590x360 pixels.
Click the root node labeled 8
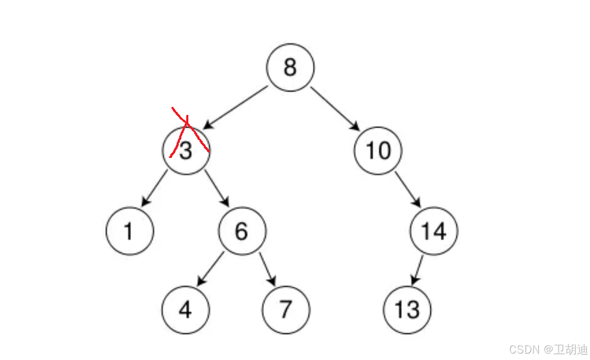pyautogui.click(x=290, y=68)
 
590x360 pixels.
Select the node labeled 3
pyautogui.click(x=186, y=150)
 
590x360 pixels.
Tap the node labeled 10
pyautogui.click(x=378, y=150)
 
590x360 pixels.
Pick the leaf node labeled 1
pyautogui.click(x=129, y=231)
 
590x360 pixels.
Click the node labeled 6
pyautogui.click(x=242, y=231)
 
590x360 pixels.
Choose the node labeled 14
pyautogui.click(x=434, y=231)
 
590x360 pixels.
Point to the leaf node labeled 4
pyautogui.click(x=186, y=310)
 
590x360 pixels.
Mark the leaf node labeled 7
pyautogui.click(x=286, y=310)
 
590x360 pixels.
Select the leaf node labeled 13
pyautogui.click(x=408, y=310)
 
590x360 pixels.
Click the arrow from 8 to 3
pyautogui.click(x=235, y=107)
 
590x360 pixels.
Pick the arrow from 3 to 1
pyautogui.click(x=154, y=189)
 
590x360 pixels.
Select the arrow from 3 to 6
pyautogui.click(x=217, y=189)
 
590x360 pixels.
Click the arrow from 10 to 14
pyautogui.click(x=408, y=189)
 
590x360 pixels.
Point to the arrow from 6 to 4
pyautogui.click(x=211, y=269)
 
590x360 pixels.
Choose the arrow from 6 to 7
pyautogui.click(x=268, y=269)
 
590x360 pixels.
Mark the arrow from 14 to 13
pyautogui.click(x=418, y=270)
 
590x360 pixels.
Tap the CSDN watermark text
pyautogui.click(x=548, y=349)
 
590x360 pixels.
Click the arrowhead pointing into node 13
pyautogui.click(x=414, y=281)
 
